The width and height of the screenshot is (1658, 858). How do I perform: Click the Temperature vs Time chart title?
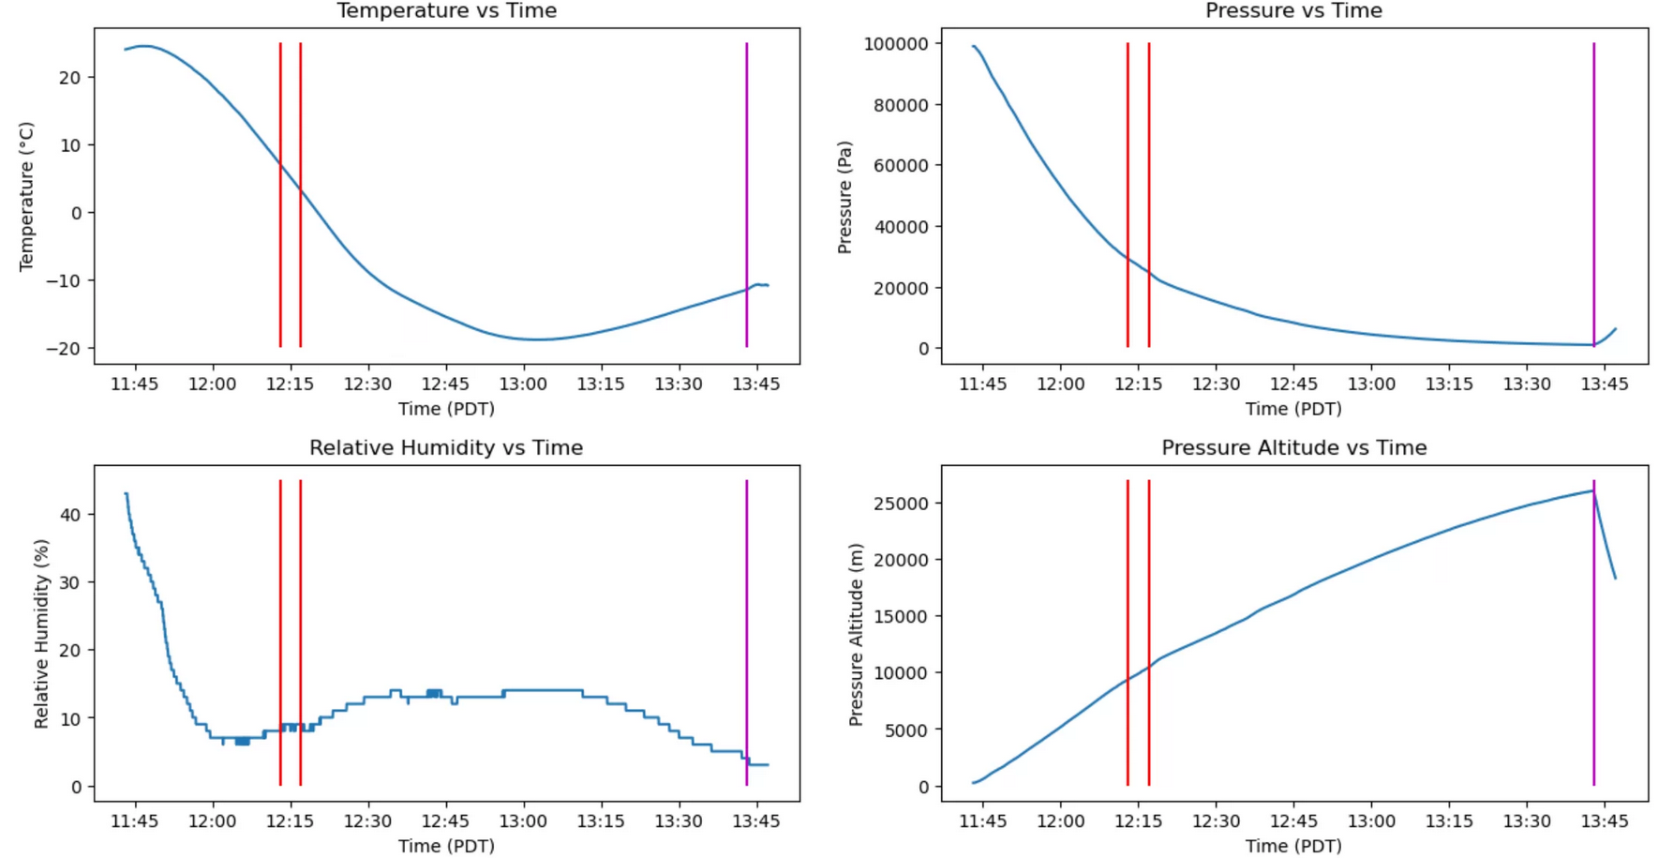(446, 10)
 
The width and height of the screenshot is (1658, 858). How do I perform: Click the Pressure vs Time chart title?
(1293, 10)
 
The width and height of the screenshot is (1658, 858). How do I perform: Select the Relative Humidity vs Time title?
(446, 447)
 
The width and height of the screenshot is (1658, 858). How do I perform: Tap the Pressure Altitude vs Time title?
(1293, 447)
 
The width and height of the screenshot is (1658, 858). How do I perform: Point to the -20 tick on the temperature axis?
(70, 348)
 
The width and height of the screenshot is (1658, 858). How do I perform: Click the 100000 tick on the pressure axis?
(896, 44)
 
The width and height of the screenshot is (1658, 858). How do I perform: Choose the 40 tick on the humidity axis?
(70, 514)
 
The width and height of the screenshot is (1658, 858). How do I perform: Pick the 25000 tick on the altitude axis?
(901, 504)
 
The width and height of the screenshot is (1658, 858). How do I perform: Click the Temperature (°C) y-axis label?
(26, 196)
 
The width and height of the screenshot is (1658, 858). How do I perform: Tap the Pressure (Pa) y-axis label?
(844, 197)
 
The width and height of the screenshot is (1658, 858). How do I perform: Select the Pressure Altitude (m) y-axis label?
(855, 634)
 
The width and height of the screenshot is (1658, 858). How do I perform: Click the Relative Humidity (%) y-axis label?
(40, 634)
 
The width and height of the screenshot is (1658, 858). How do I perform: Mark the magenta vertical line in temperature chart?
(746, 188)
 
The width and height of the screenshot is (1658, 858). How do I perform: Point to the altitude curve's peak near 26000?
(1592, 490)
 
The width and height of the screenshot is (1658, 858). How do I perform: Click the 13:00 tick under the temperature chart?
(523, 384)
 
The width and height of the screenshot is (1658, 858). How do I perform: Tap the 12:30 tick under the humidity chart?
(367, 820)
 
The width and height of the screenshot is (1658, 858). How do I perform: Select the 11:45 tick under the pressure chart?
(982, 384)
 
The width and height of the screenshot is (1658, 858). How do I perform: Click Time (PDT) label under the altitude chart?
(1293, 845)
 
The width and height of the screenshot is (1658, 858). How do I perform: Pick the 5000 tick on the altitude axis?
(905, 730)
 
